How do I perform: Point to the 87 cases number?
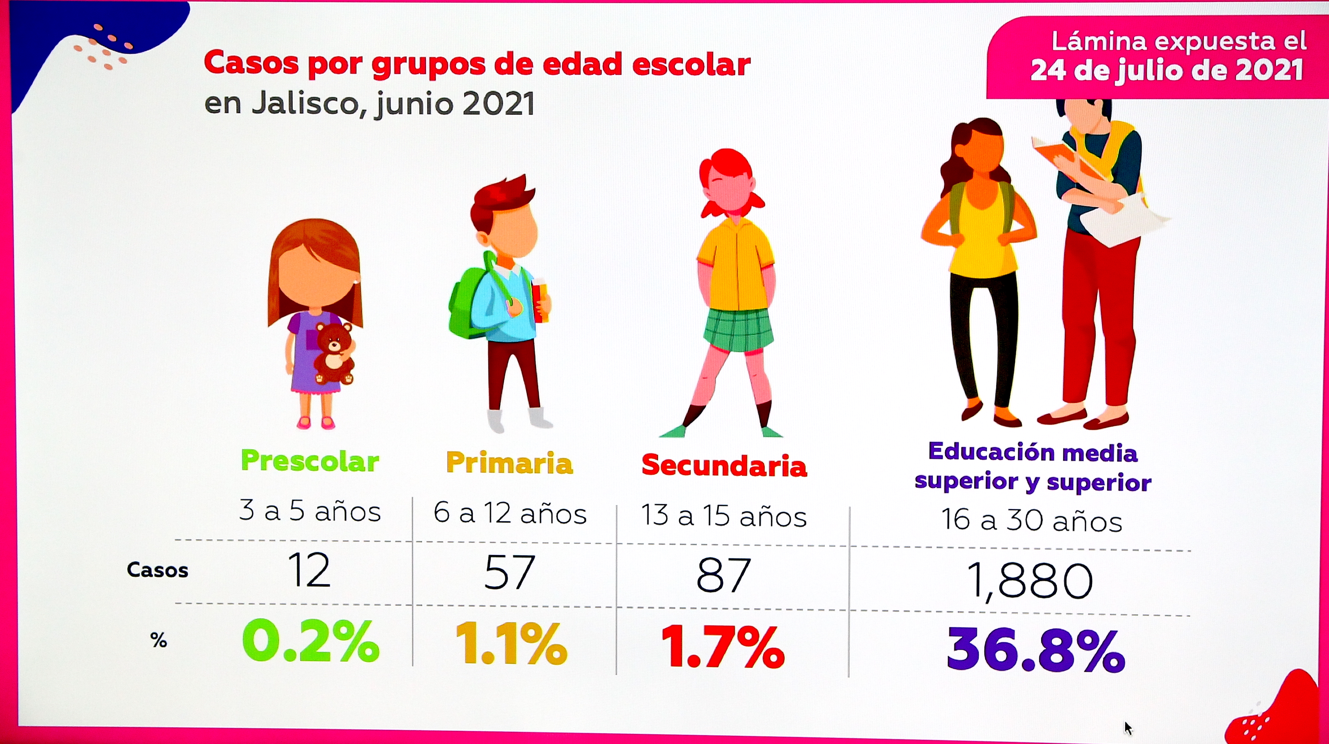723,575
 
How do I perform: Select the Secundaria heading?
724,466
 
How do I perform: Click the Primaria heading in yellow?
509,463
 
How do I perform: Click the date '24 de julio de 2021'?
1166,70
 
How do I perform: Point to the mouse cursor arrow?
1128,728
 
